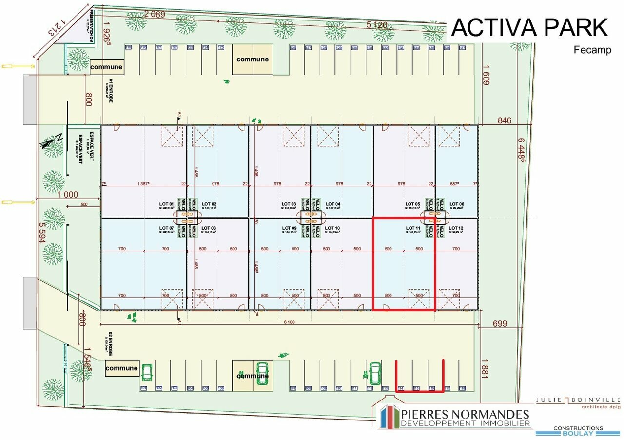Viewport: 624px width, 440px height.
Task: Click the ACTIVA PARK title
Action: (530, 28)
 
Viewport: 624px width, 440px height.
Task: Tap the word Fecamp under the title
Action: (592, 50)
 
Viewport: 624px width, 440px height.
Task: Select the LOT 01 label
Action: (166, 204)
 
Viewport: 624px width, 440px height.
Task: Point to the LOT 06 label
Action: (456, 204)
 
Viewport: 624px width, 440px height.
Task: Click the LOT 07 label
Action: (166, 228)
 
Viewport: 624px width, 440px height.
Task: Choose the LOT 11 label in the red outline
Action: (413, 228)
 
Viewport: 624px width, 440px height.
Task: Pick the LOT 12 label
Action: (456, 228)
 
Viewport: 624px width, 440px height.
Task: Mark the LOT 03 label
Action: (289, 204)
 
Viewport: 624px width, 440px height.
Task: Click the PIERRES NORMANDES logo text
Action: (465, 415)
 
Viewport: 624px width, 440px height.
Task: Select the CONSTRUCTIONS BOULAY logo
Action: (578, 431)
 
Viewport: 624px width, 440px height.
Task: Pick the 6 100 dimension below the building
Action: (289, 322)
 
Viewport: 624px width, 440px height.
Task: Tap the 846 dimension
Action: (505, 120)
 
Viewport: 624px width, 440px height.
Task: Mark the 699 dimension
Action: (500, 323)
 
